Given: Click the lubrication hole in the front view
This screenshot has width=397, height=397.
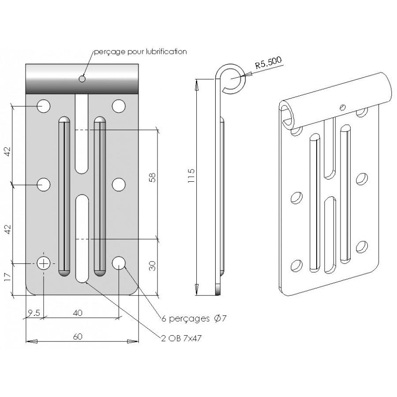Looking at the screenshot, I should pos(82,79).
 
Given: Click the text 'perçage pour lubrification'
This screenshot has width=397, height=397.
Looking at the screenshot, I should pos(141,52).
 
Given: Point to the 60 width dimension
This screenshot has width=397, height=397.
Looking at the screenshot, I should pos(78,337).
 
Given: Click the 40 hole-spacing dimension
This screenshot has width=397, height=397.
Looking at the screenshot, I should pos(78,313).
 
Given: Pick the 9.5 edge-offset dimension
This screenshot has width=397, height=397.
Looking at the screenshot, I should pos(34,313).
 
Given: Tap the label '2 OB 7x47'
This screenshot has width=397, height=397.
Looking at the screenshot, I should pos(184,338).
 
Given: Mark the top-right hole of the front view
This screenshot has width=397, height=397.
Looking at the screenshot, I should pos(118,106).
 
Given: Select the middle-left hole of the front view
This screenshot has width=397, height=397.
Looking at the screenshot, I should pos(44,184).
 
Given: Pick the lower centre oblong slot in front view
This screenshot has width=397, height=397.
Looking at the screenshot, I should pos(82,238).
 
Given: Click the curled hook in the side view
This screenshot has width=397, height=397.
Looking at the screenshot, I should pos(232,79).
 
